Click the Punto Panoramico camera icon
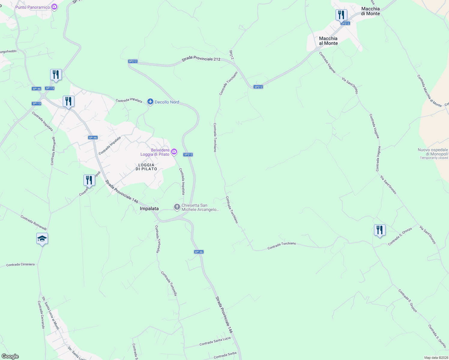(x=54, y=7)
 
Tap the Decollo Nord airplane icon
(x=150, y=102)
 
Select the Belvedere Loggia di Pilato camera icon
(x=174, y=152)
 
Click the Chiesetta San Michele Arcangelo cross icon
(x=177, y=207)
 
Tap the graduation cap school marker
(x=42, y=239)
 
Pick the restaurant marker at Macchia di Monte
(x=341, y=15)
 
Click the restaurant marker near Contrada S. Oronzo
(x=380, y=230)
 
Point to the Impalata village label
(x=149, y=208)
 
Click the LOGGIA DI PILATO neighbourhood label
(x=146, y=167)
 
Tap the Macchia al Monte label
(x=328, y=41)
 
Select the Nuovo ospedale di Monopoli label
(x=433, y=152)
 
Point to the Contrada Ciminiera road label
(x=20, y=265)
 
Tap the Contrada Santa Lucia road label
(x=215, y=341)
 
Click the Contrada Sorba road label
(x=225, y=355)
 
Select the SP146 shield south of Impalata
(x=199, y=252)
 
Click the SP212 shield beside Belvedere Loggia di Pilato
(x=188, y=154)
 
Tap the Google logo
(x=10, y=356)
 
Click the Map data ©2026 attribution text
(x=435, y=358)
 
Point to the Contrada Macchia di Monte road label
(x=429, y=91)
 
